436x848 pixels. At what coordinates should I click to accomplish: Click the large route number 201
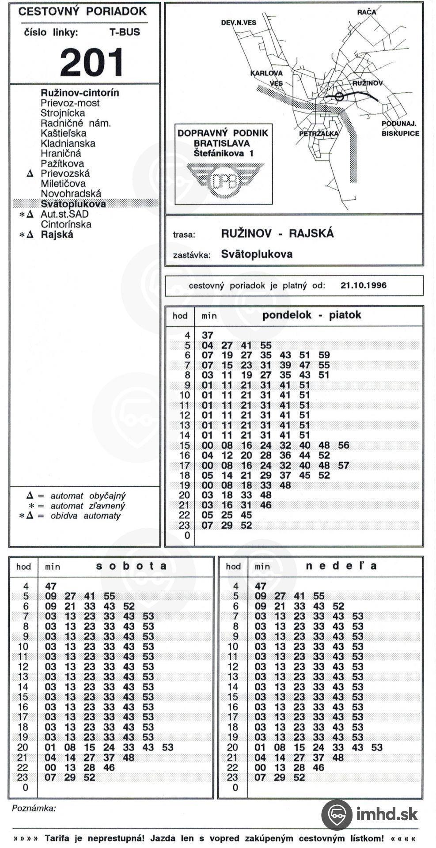[x=91, y=62]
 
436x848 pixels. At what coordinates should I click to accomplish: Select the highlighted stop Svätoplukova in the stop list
[x=73, y=204]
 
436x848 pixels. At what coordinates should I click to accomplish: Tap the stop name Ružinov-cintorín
[x=80, y=93]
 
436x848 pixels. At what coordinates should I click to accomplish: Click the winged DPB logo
[x=224, y=180]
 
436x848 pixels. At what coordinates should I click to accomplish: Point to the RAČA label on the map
[x=366, y=12]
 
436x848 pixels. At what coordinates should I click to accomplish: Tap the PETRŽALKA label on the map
[x=318, y=133]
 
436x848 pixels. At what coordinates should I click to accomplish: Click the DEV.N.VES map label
[x=239, y=23]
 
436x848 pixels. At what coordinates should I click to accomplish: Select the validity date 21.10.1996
[x=363, y=285]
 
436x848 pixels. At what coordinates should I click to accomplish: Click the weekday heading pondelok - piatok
[x=311, y=315]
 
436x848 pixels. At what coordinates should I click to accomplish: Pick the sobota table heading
[x=131, y=566]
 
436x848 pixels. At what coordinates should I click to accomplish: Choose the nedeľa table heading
[x=341, y=566]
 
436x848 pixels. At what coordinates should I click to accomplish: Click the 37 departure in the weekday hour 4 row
[x=207, y=335]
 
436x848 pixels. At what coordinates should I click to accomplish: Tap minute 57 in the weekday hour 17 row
[x=343, y=465]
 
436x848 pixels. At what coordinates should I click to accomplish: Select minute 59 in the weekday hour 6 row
[x=324, y=355]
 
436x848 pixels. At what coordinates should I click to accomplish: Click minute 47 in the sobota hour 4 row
[x=51, y=586]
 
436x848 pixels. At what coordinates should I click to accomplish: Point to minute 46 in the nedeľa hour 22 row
[x=318, y=768]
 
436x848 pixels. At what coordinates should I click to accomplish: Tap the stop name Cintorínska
[x=66, y=224]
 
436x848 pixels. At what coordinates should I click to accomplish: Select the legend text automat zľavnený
[x=87, y=506]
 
